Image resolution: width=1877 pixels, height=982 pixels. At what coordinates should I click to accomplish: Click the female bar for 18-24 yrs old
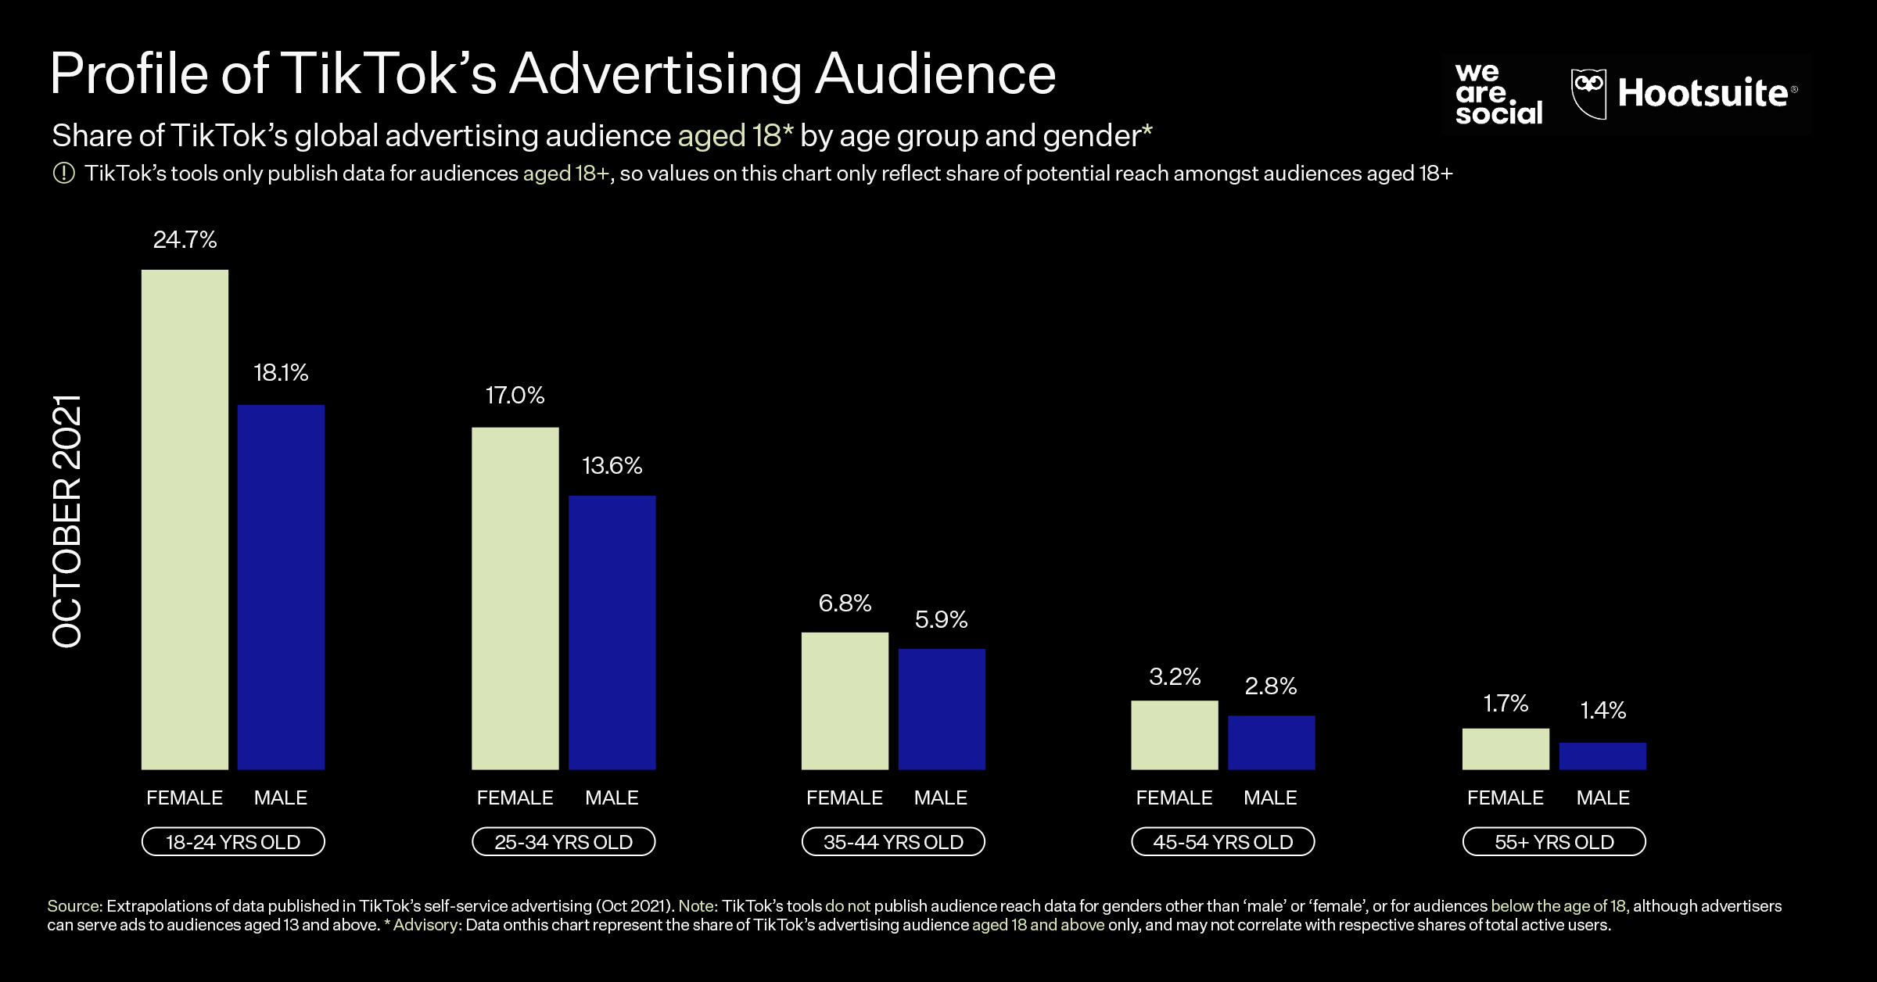click(x=185, y=519)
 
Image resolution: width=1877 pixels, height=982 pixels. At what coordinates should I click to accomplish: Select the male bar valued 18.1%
click(x=281, y=586)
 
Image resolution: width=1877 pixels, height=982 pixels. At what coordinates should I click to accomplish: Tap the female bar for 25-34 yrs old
click(x=515, y=598)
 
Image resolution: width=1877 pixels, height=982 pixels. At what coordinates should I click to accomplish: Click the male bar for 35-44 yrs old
click(x=942, y=708)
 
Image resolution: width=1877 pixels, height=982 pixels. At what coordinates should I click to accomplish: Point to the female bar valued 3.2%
click(x=1175, y=734)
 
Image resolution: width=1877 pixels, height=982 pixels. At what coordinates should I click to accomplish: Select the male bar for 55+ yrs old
click(x=1602, y=755)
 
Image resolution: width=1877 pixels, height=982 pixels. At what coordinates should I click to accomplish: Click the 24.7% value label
click(x=185, y=239)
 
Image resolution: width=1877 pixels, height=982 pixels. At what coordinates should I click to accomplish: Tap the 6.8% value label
click(x=845, y=603)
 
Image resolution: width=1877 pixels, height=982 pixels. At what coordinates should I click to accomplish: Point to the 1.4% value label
click(x=1602, y=710)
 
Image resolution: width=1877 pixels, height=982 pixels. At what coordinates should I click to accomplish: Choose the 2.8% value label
click(x=1271, y=686)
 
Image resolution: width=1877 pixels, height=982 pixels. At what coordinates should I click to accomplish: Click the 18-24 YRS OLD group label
click(x=233, y=842)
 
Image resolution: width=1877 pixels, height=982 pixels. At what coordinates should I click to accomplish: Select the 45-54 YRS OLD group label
click(x=1223, y=842)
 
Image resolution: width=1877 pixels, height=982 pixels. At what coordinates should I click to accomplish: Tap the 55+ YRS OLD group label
click(x=1554, y=842)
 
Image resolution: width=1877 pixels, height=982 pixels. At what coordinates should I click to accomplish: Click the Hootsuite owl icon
click(x=1588, y=93)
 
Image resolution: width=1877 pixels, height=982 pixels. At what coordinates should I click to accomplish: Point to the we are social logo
click(x=1498, y=94)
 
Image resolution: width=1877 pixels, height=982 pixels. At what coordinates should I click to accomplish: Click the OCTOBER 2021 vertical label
click(x=67, y=521)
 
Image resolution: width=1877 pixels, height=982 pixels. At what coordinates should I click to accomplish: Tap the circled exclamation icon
click(x=63, y=173)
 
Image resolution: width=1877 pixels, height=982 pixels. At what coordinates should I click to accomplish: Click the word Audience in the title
click(x=935, y=74)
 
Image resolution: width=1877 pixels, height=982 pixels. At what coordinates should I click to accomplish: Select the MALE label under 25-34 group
click(x=612, y=797)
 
